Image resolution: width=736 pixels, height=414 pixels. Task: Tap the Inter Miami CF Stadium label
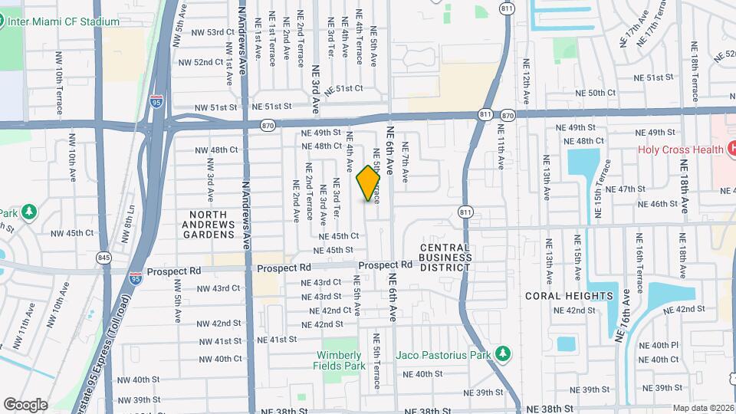pyautogui.click(x=64, y=21)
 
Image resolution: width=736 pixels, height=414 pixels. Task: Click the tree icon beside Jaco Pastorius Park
pyautogui.click(x=503, y=354)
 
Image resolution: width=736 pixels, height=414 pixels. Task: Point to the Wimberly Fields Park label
pyautogui.click(x=338, y=360)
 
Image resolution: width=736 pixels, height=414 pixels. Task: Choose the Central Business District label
pyautogui.click(x=445, y=258)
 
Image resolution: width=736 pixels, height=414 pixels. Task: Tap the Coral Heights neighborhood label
pyautogui.click(x=570, y=295)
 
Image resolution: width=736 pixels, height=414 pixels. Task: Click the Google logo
pyautogui.click(x=25, y=404)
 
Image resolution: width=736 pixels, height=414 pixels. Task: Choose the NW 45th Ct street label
pyautogui.click(x=72, y=233)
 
